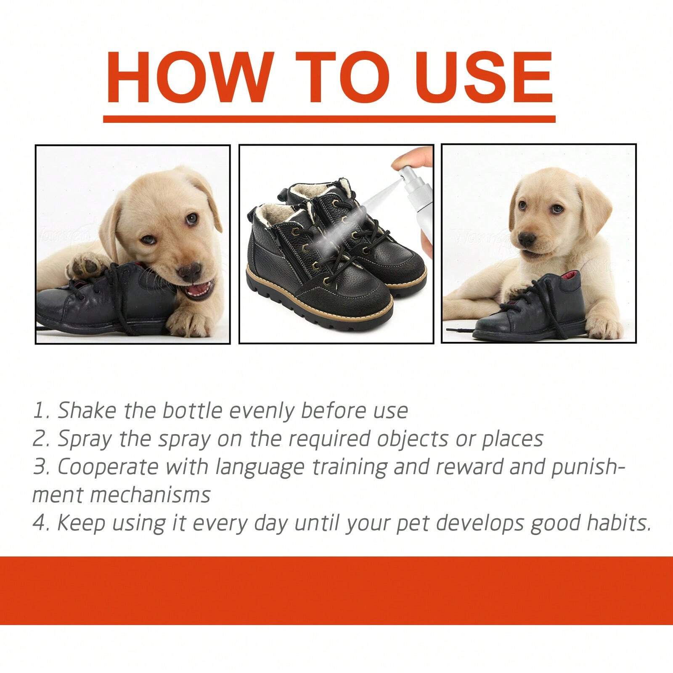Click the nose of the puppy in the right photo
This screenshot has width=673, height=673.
526,238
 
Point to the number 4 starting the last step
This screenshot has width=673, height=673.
39,524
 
